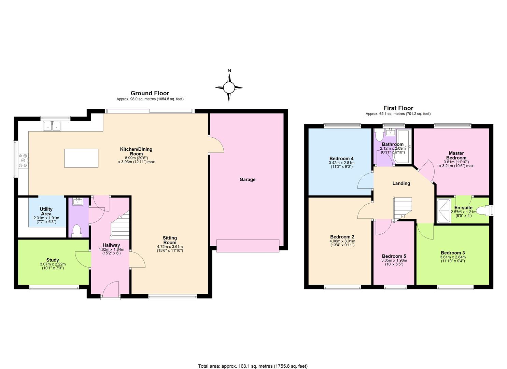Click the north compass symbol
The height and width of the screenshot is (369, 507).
tap(229, 87)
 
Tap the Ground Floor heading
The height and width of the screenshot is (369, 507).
tap(150, 93)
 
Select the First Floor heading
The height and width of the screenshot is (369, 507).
tap(398, 108)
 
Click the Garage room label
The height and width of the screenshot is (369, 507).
tap(247, 179)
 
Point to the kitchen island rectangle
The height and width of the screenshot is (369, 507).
tap(81, 158)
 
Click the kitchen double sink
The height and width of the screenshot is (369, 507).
tap(52, 126)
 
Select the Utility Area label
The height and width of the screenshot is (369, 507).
tap(46, 211)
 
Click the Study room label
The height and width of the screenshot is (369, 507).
tap(52, 260)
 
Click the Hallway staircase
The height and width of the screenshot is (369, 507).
tap(120, 226)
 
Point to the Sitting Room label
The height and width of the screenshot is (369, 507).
tap(170, 240)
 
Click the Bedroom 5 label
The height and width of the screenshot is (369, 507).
tap(394, 256)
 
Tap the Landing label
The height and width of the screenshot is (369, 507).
tap(401, 183)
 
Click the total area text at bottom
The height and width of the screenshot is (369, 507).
tap(253, 366)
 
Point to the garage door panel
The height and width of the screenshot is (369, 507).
tap(248, 246)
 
